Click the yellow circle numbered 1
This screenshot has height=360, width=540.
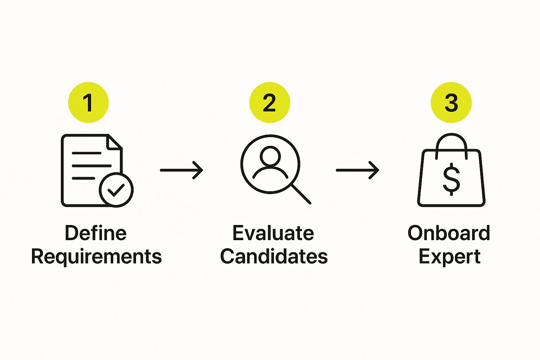tap(89, 102)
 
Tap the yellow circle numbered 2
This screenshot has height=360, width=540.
tap(270, 102)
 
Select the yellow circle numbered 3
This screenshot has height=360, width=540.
tap(451, 102)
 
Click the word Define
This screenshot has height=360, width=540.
tap(96, 233)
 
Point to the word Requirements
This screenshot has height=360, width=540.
tap(96, 257)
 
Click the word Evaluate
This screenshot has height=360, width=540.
tap(274, 233)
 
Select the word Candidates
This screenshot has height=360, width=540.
tap(274, 256)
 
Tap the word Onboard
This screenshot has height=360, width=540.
tap(449, 233)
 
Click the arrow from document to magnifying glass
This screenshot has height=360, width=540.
tap(182, 170)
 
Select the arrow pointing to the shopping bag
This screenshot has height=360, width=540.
tap(358, 170)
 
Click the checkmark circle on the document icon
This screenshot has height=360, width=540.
tap(116, 190)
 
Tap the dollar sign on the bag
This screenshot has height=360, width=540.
tap(451, 179)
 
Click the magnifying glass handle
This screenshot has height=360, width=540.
tap(301, 194)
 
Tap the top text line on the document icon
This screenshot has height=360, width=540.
tap(86, 153)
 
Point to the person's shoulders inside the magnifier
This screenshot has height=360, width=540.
tap(270, 172)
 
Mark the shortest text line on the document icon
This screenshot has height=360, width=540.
tap(83, 179)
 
